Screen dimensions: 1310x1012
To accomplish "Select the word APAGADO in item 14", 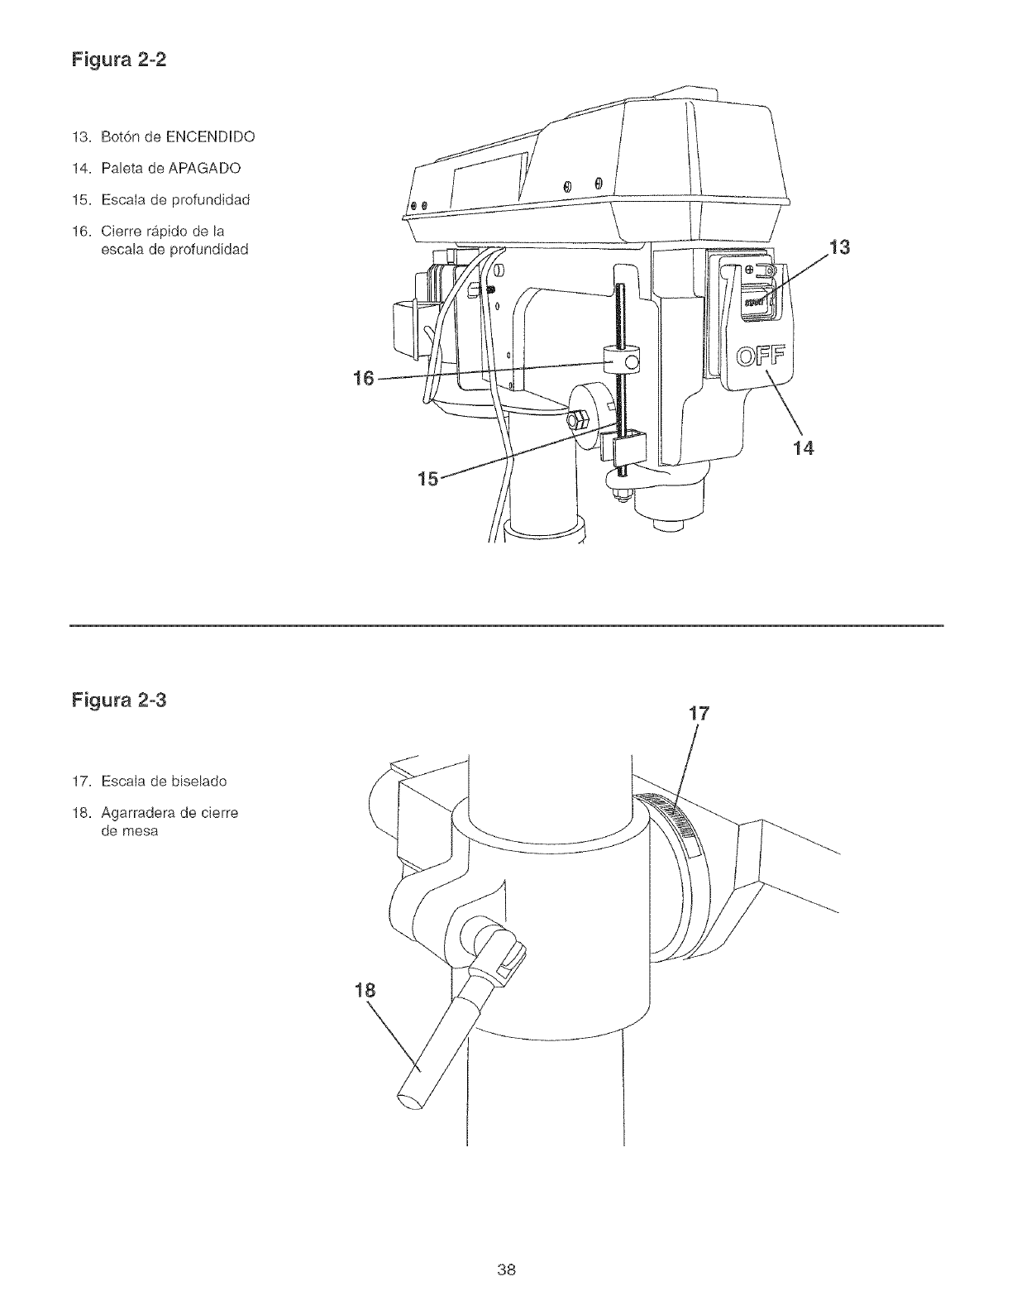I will tap(203, 168).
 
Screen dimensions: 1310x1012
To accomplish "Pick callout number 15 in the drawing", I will tap(430, 477).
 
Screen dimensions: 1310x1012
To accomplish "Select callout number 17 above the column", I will tap(699, 714).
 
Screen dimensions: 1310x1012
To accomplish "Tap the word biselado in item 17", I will tap(198, 781).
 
